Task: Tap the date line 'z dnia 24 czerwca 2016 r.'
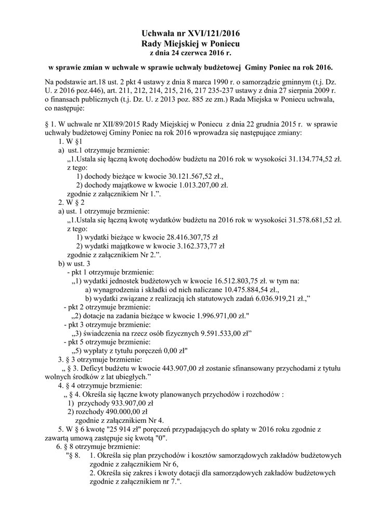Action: point(188,53)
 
